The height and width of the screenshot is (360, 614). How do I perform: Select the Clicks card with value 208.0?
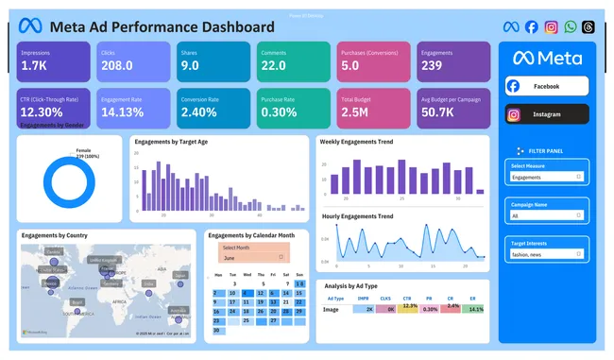(x=131, y=60)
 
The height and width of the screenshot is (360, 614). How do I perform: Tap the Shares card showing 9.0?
(x=211, y=60)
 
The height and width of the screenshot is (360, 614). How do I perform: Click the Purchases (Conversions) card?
(x=370, y=60)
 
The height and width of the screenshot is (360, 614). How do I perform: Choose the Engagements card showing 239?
(x=450, y=60)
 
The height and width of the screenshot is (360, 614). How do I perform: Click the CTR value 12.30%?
(x=43, y=111)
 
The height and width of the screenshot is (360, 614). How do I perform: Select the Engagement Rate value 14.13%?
(x=122, y=111)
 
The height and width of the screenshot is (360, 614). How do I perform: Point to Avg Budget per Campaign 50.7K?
(x=440, y=111)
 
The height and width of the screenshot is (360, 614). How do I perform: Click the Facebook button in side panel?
(x=547, y=86)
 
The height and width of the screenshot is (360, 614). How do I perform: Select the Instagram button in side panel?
(x=547, y=114)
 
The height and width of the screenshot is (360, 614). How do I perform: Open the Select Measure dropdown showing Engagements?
(x=548, y=177)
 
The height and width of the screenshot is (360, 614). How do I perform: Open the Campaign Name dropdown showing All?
(x=548, y=215)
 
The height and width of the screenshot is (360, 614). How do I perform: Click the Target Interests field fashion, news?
(x=548, y=255)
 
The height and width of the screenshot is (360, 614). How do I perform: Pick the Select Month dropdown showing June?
(x=253, y=257)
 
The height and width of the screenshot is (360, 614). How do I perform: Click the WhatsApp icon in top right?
(x=570, y=26)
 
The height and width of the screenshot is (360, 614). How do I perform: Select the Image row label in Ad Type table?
(x=332, y=309)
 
